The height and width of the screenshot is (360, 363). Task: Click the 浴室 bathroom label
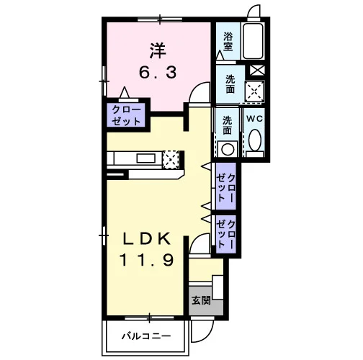(228, 42)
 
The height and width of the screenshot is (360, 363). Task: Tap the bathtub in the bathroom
(253, 41)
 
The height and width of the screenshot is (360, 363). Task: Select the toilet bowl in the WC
(255, 140)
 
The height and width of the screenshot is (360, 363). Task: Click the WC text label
(255, 119)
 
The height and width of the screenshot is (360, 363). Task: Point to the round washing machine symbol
(228, 149)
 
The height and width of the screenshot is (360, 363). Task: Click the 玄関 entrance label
(201, 300)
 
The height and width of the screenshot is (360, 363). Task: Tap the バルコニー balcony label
(146, 336)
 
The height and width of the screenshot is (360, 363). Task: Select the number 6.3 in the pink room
(158, 73)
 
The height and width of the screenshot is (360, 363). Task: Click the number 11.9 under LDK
(146, 260)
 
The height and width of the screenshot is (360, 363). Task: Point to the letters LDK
(147, 239)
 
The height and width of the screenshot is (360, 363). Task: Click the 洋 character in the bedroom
(158, 50)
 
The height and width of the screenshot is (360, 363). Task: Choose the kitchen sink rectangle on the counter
(145, 158)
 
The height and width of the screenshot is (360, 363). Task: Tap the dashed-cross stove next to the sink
(171, 159)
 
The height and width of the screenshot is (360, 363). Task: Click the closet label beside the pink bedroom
(126, 116)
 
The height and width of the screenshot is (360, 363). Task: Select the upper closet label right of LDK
(225, 187)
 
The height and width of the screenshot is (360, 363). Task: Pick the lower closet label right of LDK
(225, 234)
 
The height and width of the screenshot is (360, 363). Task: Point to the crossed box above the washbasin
(257, 70)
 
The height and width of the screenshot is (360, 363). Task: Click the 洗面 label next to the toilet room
(227, 125)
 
